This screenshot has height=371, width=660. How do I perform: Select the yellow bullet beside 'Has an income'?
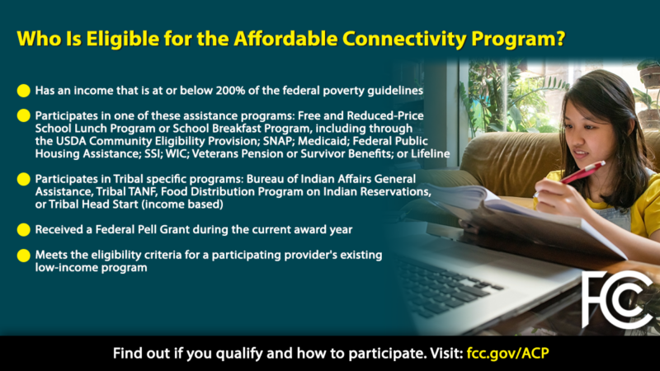tap(23, 89)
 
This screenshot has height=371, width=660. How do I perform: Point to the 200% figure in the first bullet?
tap(214, 89)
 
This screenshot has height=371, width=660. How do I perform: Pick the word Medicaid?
tap(318, 140)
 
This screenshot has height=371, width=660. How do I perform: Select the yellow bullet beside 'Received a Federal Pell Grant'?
tap(23, 228)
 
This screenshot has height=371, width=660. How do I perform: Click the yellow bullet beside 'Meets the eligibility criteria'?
tap(23, 255)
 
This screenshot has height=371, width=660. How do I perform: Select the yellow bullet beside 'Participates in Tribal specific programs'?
tap(23, 179)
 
